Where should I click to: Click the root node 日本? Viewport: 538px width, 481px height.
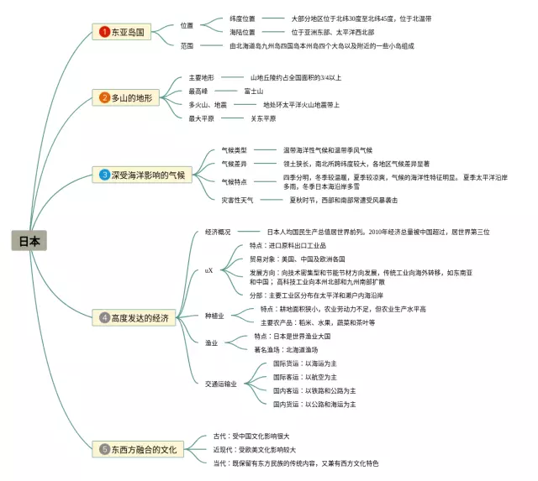point(29,241)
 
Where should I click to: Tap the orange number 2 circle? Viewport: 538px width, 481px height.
point(104,97)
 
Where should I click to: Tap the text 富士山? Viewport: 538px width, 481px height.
point(254,91)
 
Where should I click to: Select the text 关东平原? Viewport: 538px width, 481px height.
point(263,118)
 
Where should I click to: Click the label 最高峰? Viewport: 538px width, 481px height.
point(198,91)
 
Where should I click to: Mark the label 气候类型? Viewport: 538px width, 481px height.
point(235,149)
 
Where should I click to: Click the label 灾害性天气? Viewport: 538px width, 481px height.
point(237,201)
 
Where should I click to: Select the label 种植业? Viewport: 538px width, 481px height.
point(214,316)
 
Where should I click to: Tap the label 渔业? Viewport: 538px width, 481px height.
point(212,342)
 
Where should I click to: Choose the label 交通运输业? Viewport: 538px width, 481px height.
point(221,383)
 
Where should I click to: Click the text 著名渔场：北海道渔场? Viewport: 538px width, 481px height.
point(287,349)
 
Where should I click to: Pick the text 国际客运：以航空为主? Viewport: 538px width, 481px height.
point(305,377)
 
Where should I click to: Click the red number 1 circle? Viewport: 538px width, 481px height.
point(104,32)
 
